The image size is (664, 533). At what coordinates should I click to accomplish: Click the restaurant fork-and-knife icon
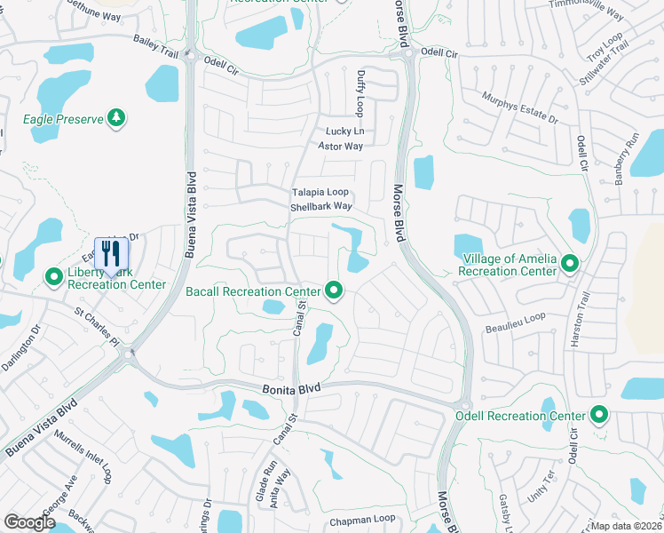[x=111, y=252]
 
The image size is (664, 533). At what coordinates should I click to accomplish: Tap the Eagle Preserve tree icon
[x=115, y=117]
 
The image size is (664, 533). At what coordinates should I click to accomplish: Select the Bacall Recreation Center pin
[x=334, y=290]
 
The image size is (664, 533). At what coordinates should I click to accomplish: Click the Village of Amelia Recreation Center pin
[x=571, y=263]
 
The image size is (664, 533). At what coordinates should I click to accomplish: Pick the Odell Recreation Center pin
[x=599, y=415]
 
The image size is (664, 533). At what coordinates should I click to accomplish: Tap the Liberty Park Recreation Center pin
[x=53, y=278]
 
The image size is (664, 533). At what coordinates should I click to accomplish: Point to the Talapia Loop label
[x=320, y=192]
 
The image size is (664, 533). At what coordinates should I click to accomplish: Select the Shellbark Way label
[x=321, y=207]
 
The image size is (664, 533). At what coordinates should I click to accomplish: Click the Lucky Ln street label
[x=344, y=131]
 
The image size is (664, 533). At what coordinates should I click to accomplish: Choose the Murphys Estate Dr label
[x=519, y=107]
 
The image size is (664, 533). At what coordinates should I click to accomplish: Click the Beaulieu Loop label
[x=515, y=322]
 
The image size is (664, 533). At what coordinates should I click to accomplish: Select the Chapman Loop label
[x=361, y=520]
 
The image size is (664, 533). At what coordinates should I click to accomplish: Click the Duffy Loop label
[x=360, y=93]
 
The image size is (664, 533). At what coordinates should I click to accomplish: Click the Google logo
[x=29, y=522]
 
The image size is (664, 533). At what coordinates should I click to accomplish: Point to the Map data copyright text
[x=627, y=526]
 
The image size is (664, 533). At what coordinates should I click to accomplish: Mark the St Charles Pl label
[x=97, y=326]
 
